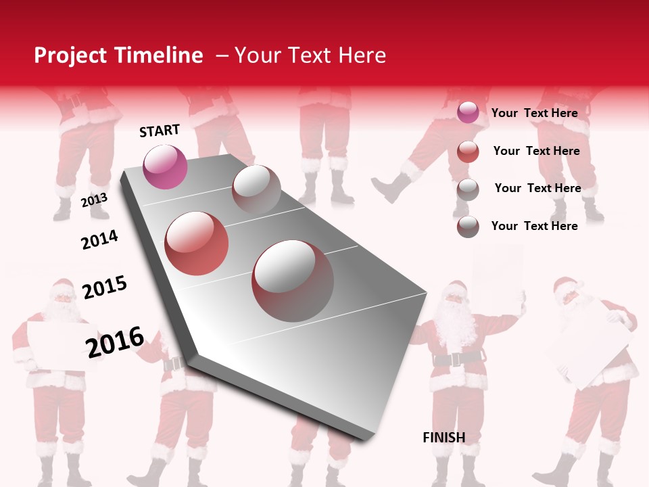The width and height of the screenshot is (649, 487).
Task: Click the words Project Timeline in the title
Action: tap(118, 55)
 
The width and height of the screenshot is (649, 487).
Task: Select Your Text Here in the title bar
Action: tap(310, 55)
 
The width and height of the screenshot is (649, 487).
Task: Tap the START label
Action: tap(160, 131)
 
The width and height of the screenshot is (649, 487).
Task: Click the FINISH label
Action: tap(444, 438)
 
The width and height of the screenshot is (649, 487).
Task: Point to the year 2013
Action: tap(94, 200)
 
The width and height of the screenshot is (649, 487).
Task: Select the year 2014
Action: tap(99, 239)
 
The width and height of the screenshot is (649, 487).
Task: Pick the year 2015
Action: tap(105, 287)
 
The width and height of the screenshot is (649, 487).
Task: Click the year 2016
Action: tap(115, 342)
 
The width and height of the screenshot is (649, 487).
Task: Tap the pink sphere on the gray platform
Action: tap(165, 166)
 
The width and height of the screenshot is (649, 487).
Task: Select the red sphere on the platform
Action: tap(197, 243)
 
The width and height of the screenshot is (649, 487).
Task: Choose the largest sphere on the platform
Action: tap(293, 281)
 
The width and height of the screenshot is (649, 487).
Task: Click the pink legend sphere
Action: tap(468, 113)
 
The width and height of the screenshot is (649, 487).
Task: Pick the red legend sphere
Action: tap(468, 152)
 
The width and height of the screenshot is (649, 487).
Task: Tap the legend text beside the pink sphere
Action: tap(534, 113)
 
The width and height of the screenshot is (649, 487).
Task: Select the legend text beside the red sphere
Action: tap(536, 151)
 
